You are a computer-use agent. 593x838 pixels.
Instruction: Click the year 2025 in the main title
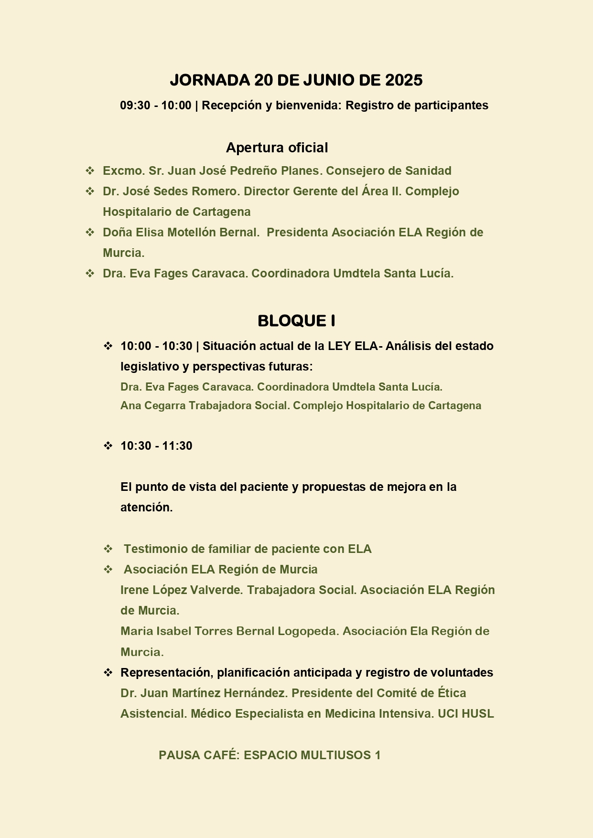(x=404, y=80)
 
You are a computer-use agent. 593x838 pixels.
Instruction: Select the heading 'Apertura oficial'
(x=277, y=148)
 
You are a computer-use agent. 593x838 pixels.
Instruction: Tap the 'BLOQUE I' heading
(x=296, y=321)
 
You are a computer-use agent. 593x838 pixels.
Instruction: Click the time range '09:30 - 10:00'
(x=155, y=106)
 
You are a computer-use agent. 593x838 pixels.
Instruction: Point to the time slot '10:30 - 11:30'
(x=156, y=446)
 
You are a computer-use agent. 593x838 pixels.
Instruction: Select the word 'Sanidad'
(x=428, y=171)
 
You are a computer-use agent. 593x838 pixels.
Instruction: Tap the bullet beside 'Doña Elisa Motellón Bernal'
(x=90, y=233)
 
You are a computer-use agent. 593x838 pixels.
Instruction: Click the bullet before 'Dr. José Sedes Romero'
(x=90, y=191)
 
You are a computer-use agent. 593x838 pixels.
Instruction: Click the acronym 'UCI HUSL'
(x=465, y=714)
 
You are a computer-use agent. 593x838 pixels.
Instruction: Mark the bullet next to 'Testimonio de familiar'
(x=108, y=549)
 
